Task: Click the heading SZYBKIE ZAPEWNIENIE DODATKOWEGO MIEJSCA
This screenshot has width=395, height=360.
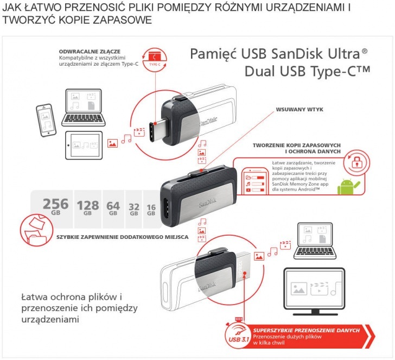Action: tap(123, 237)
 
